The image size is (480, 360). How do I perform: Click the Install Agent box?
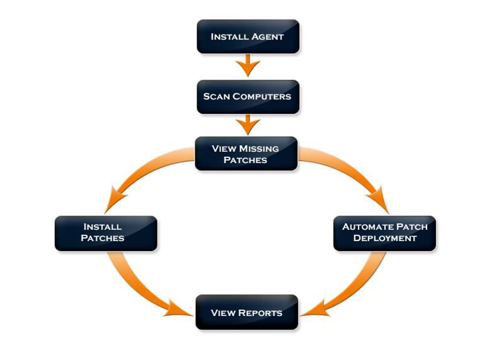248,36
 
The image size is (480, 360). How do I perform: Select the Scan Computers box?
248,96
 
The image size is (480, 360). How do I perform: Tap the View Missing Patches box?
246,154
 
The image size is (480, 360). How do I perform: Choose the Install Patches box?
106,233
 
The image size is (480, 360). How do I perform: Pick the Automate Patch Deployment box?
384,233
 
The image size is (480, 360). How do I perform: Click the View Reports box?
246,312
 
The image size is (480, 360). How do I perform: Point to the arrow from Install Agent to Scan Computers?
248,65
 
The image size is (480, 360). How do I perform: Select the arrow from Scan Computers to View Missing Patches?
248,124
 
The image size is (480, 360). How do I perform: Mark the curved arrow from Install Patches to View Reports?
135,286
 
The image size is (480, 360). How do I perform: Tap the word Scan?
216,97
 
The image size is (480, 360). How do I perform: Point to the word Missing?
258,149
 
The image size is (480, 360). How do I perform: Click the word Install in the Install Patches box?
103,227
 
